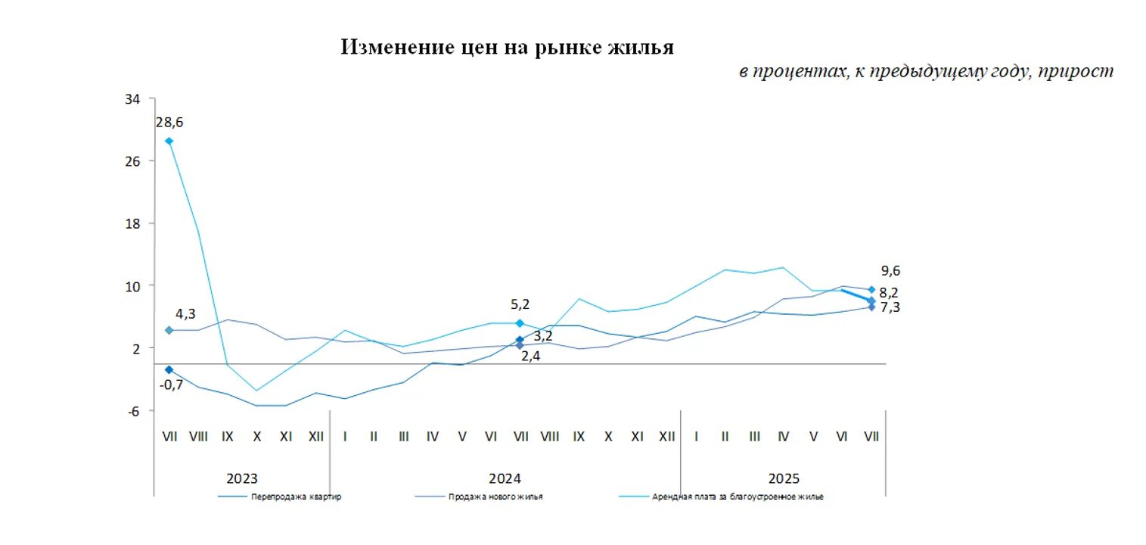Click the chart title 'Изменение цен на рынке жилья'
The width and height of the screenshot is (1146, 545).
click(507, 48)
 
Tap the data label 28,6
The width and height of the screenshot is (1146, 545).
click(169, 123)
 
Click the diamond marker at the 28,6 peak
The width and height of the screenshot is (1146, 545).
click(169, 142)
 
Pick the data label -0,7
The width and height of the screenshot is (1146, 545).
click(172, 385)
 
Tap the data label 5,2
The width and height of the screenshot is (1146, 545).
click(520, 304)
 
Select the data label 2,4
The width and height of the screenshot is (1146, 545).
click(530, 355)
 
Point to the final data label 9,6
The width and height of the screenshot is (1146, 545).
click(890, 271)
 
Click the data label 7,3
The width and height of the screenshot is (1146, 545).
click(889, 307)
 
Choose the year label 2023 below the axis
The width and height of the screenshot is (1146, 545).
click(242, 478)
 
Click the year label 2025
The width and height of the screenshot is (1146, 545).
click(784, 478)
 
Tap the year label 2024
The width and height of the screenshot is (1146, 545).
click(505, 478)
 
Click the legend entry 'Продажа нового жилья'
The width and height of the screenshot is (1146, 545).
click(495, 497)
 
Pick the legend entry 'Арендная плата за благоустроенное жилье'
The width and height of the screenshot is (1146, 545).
click(738, 497)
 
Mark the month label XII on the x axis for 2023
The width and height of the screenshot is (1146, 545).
click(315, 437)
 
